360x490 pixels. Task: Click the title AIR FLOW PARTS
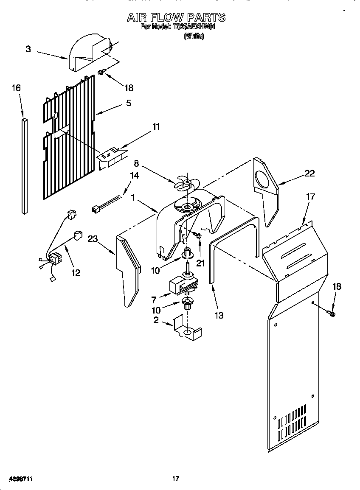[x=176, y=17]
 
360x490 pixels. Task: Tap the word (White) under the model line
[x=194, y=36]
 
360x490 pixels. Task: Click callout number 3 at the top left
[x=28, y=49]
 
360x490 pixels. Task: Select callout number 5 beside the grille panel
[x=128, y=103]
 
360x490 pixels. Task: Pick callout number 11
[x=157, y=127]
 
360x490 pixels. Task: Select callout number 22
[x=309, y=173]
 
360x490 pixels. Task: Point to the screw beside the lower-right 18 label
[x=332, y=314]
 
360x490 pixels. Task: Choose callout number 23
[x=93, y=239]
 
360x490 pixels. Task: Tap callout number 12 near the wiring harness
[x=75, y=272]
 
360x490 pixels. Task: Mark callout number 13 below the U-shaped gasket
[x=219, y=315]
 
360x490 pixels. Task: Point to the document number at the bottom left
[x=21, y=479]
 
